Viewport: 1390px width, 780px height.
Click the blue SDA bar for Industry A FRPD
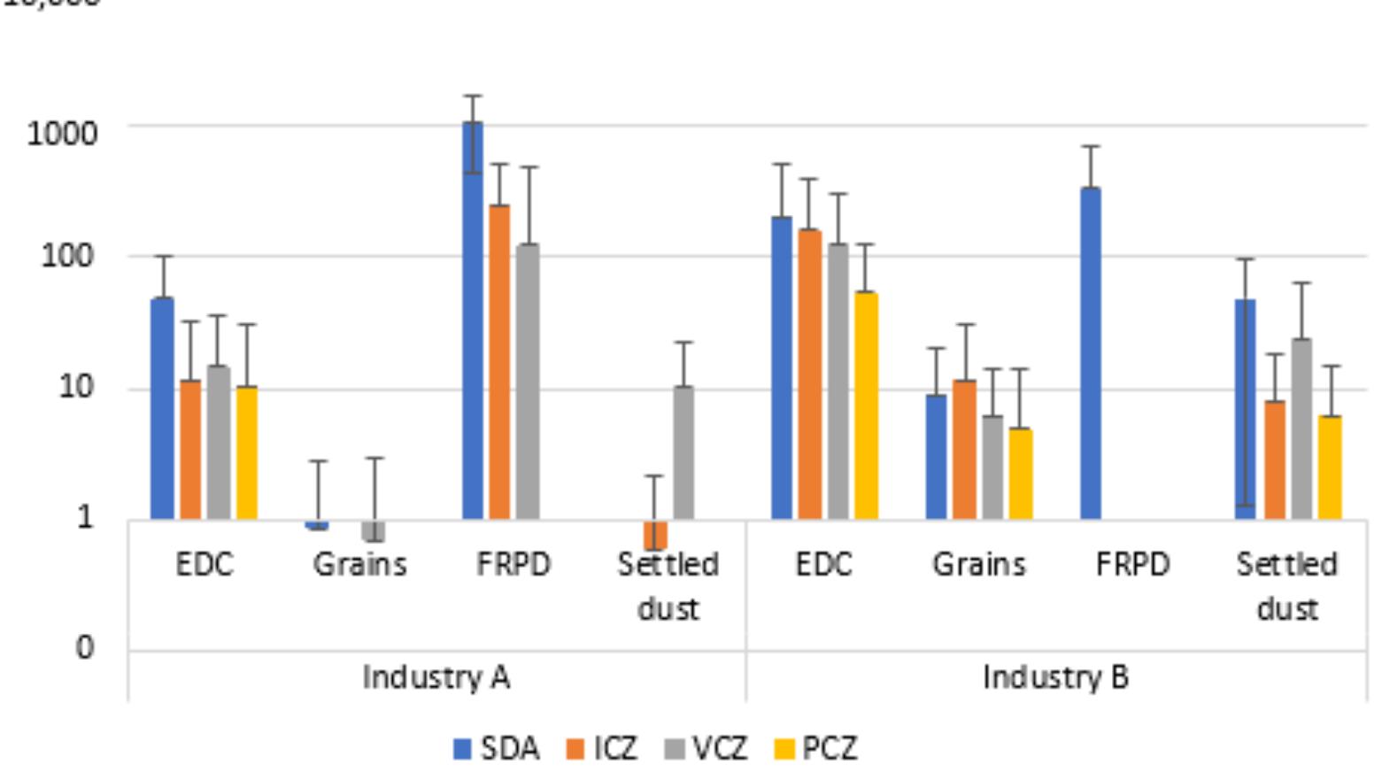point(473,319)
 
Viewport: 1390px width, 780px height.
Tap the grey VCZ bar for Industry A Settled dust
point(683,452)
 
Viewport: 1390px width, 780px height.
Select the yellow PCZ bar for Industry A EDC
point(247,452)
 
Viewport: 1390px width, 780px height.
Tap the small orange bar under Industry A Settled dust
point(655,535)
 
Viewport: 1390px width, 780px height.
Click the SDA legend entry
point(496,749)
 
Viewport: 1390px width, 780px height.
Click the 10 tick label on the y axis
point(76,387)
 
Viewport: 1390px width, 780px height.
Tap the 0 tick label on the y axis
point(84,647)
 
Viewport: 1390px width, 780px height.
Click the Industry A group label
point(436,677)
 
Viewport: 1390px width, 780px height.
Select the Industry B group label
point(1055,677)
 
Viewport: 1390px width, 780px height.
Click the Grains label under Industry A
point(359,564)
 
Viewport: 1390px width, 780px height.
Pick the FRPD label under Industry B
point(1132,564)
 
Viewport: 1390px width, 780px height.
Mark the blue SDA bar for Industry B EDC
point(782,367)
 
